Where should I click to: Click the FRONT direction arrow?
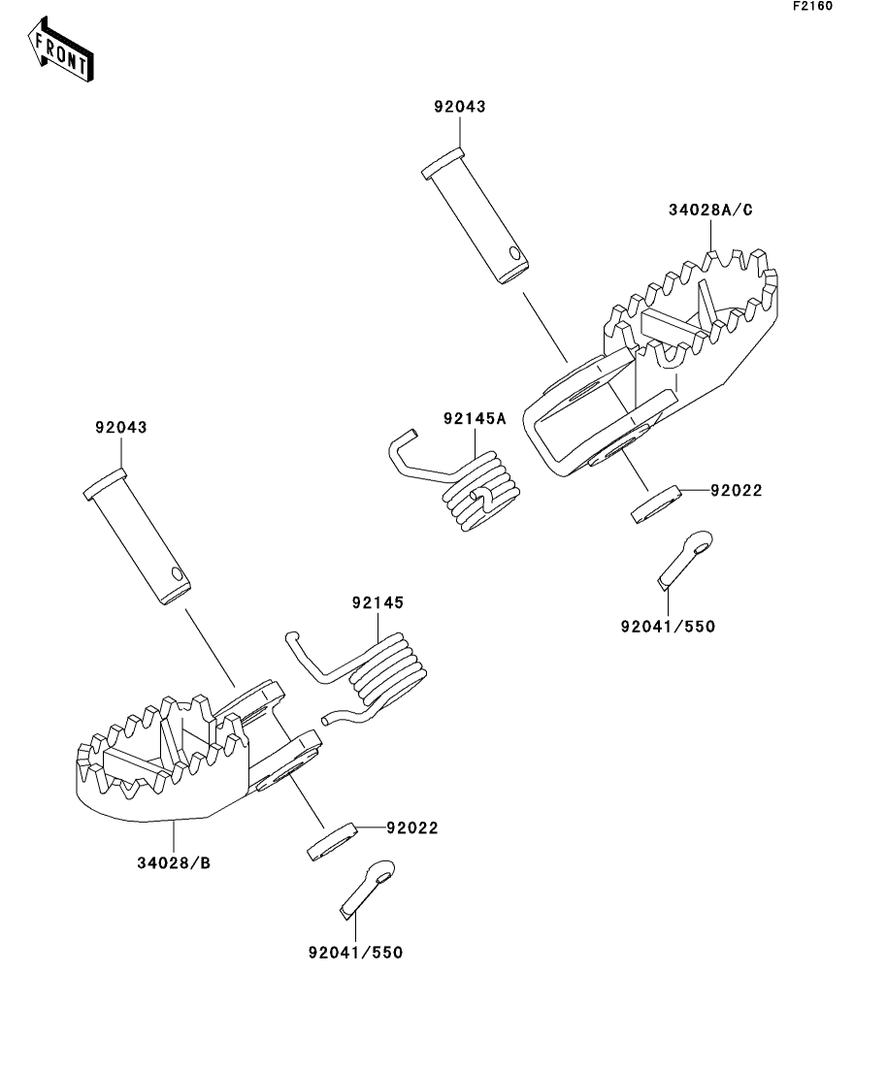coord(60,50)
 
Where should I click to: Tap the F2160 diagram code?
coord(812,6)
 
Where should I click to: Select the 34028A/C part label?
coord(710,211)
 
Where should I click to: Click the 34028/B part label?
coord(174,863)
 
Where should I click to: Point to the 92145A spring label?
coord(475,419)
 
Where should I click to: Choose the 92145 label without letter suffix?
coord(378,603)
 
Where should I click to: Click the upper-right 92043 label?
coord(460,107)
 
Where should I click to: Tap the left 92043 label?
coord(121,428)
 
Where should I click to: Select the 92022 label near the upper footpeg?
coord(737,491)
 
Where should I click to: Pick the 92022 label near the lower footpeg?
coord(411,828)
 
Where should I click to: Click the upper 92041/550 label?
coord(668,627)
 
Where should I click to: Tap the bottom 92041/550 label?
coord(355,953)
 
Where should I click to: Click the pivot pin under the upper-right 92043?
coord(476,215)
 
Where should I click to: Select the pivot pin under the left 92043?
coord(137,536)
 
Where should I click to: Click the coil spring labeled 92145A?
coord(457,481)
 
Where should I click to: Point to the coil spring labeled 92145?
coord(358,677)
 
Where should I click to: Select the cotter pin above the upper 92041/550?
coord(685,559)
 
